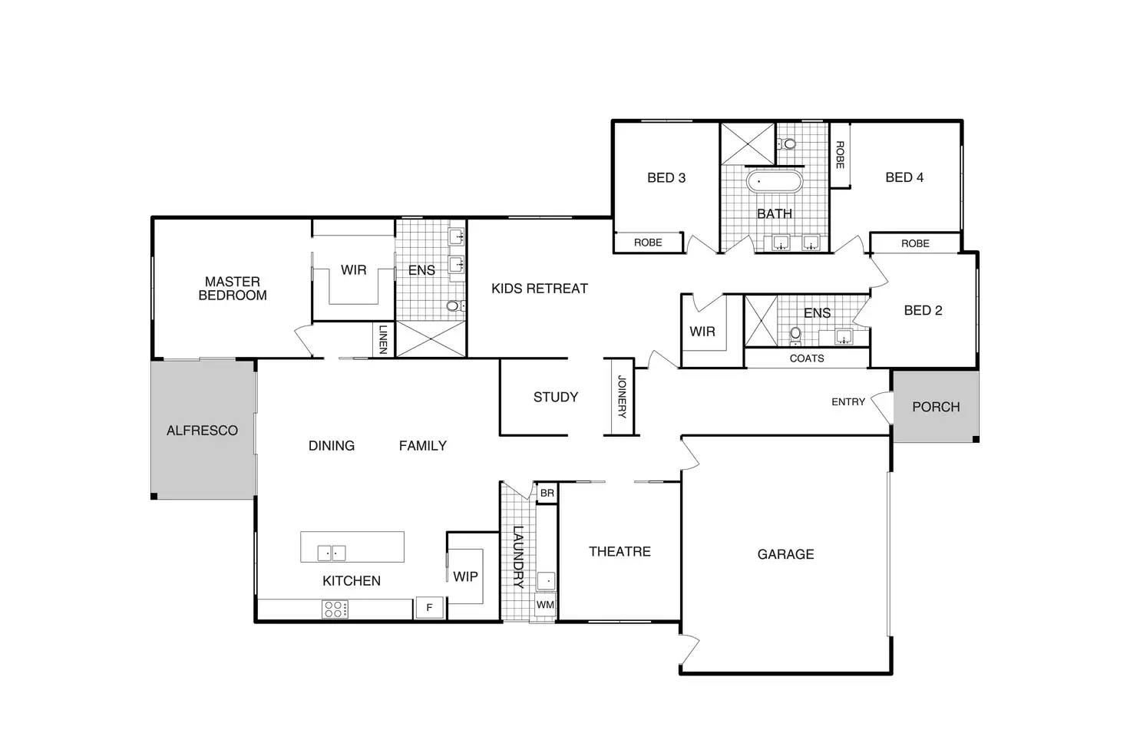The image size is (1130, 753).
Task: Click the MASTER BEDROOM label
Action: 233,289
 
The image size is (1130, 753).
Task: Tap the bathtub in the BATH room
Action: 774,183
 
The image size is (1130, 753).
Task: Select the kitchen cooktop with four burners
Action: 335,609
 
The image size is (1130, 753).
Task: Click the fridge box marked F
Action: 429,607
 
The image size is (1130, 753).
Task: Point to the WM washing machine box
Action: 545,605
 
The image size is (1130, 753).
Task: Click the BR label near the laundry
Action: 547,494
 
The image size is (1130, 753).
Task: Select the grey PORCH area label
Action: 936,407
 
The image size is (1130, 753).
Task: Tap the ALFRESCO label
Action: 202,431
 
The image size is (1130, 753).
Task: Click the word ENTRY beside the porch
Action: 847,401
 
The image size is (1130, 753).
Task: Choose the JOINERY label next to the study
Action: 622,397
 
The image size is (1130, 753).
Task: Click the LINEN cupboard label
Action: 382,339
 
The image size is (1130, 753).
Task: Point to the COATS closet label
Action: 806,358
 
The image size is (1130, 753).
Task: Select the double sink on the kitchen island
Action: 332,553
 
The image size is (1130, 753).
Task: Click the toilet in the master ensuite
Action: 454,305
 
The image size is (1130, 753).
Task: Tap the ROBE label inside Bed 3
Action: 647,243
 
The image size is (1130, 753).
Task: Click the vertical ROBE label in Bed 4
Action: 839,155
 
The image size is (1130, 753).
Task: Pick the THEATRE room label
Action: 620,551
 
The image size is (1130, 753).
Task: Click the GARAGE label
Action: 785,554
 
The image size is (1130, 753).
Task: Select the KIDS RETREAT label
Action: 539,289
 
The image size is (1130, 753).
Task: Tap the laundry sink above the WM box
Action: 546,580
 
